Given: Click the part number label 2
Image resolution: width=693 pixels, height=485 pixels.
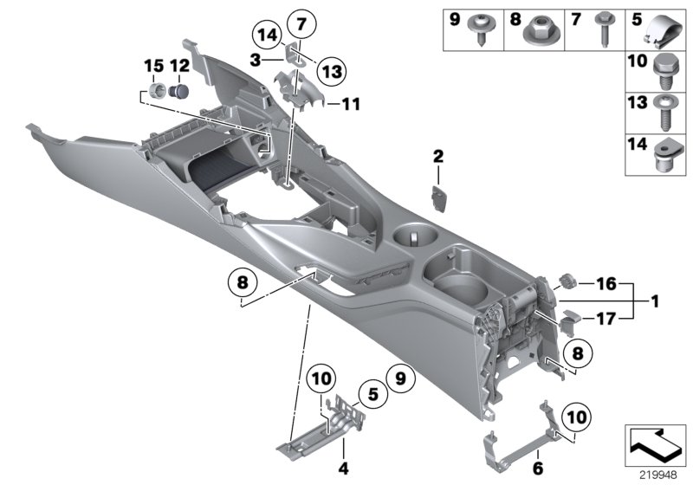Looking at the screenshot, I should tap(438, 156).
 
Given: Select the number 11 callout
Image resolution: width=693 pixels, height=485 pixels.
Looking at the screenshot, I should tap(349, 105).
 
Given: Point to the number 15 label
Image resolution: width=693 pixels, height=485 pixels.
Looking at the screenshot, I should tap(152, 65).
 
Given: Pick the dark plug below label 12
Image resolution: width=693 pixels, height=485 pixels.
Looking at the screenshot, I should tap(180, 89).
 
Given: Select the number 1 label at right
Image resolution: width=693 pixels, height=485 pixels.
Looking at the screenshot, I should tap(655, 301).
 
